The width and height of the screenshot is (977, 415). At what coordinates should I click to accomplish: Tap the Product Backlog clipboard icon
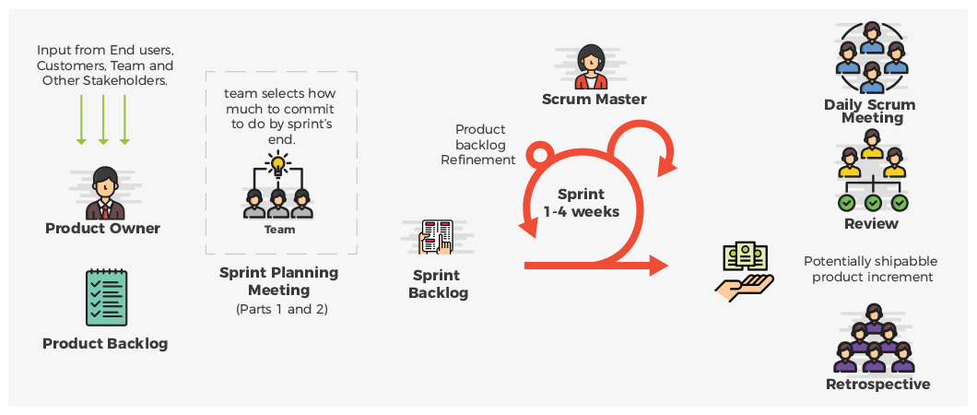tap(106, 297)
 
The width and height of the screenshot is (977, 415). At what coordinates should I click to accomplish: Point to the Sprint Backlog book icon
tap(437, 237)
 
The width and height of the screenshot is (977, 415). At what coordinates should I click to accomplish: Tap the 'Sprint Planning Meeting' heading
tap(278, 280)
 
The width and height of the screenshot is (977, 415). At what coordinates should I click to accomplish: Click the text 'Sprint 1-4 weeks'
tap(581, 203)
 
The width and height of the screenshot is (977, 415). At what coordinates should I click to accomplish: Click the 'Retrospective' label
tap(877, 385)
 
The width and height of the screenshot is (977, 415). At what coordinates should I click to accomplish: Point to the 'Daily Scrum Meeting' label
tap(871, 112)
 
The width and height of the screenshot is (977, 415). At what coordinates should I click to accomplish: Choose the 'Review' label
tap(871, 224)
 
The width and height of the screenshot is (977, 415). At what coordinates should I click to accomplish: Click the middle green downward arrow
tap(103, 120)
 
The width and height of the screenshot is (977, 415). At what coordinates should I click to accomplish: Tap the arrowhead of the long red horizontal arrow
tap(657, 267)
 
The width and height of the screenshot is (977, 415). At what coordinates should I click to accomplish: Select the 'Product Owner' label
tap(102, 229)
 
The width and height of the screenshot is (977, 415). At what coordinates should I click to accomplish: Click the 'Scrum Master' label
tap(594, 100)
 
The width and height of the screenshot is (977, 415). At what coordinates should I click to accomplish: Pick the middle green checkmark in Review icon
tap(872, 202)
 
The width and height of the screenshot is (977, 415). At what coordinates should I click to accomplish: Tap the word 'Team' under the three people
tap(279, 230)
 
